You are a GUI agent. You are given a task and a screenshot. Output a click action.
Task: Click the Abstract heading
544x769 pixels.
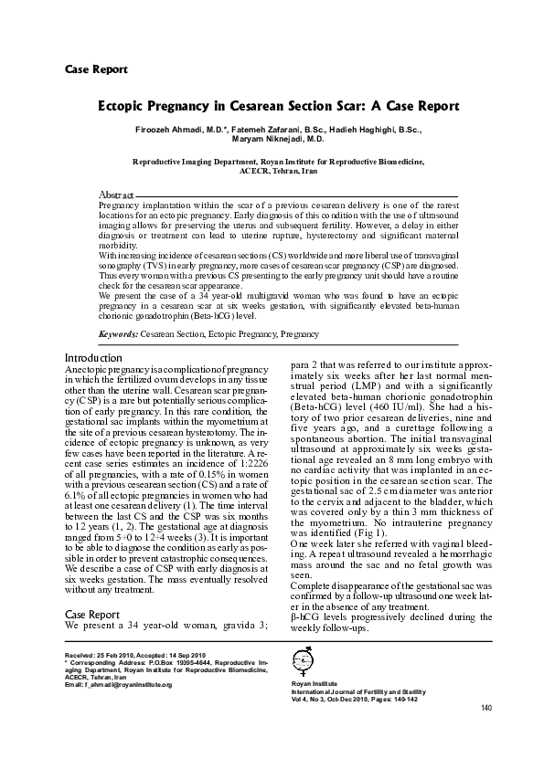(x=116, y=195)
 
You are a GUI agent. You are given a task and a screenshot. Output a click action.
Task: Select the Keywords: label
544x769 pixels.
(x=118, y=335)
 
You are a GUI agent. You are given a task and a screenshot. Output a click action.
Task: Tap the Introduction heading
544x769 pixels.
(x=93, y=357)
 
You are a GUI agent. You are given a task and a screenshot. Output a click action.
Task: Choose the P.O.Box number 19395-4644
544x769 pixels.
(x=179, y=663)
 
